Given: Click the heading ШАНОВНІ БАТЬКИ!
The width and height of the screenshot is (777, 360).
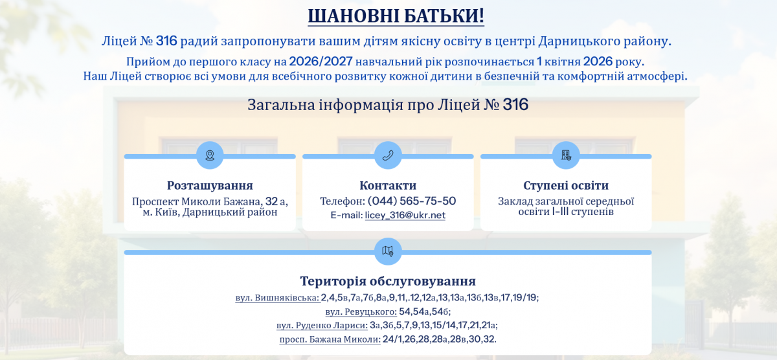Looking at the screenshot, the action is coord(396,16).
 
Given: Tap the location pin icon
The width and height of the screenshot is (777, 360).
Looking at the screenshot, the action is coord(210,155).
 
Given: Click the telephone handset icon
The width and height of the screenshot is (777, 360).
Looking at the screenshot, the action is coord(388,155).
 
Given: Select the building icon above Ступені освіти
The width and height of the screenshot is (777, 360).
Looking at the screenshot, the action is coord(566,155).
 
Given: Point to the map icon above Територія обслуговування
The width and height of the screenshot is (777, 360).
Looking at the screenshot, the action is coord(388,251).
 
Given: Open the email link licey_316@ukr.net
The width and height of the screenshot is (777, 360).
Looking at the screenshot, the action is coord(405,215).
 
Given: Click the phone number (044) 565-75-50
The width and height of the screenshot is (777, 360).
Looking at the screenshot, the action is coord(412,201).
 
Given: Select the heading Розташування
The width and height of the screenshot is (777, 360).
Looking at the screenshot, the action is coord(210,186).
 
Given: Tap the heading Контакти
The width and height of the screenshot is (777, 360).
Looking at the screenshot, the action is coord(388,186).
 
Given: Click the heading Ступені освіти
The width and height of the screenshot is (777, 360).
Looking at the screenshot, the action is coord(566,186).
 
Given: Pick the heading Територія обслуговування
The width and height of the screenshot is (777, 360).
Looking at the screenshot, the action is coord(388,281).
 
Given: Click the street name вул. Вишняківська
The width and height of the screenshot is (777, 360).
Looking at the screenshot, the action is coord(277,298).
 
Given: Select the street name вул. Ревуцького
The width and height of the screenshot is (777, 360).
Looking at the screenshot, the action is coord(361,311).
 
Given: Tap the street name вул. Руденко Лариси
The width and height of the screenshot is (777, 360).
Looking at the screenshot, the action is coord(322,325).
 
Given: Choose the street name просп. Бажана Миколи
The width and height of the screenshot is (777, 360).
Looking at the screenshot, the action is coord(330,339).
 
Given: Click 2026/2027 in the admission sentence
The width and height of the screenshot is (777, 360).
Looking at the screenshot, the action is coord(321,62).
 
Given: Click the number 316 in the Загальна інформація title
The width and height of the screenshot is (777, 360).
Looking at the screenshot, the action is coord(515,104).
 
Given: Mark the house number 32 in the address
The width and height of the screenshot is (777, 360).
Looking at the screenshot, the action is coord(271,201).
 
